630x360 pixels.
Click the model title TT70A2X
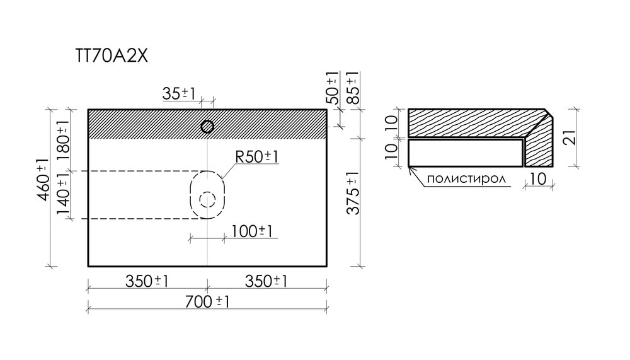tap(112, 56)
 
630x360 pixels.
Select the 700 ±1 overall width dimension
tap(207, 301)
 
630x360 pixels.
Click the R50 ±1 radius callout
tap(256, 156)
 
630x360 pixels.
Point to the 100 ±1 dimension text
tap(252, 231)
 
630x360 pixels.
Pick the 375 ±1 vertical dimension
tap(353, 193)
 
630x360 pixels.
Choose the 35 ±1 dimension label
tap(178, 94)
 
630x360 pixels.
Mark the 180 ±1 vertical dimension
tap(63, 139)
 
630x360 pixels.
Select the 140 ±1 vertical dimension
tap(63, 196)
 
